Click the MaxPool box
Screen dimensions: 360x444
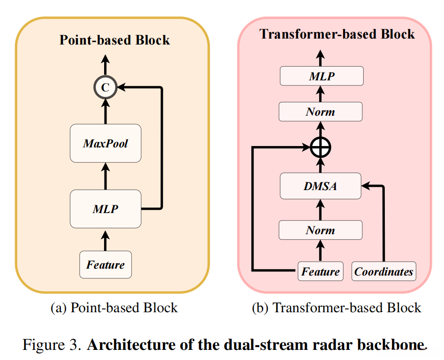tap(105, 143)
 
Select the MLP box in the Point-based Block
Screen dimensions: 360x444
tap(105, 209)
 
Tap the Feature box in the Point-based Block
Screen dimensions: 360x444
tap(105, 264)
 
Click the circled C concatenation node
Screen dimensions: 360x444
tap(105, 88)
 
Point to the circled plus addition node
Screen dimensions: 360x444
tap(321, 147)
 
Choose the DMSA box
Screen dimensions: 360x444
tap(321, 186)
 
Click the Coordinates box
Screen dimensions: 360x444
tap(383, 271)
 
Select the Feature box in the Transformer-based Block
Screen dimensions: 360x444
tap(321, 271)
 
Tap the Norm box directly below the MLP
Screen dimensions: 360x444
tap(321, 112)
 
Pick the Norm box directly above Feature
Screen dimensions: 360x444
tap(321, 230)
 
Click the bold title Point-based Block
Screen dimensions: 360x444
tap(115, 40)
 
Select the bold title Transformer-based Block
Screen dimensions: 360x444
tap(337, 34)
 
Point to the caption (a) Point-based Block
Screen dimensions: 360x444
tap(114, 307)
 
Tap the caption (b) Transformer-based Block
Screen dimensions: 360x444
tap(337, 307)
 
